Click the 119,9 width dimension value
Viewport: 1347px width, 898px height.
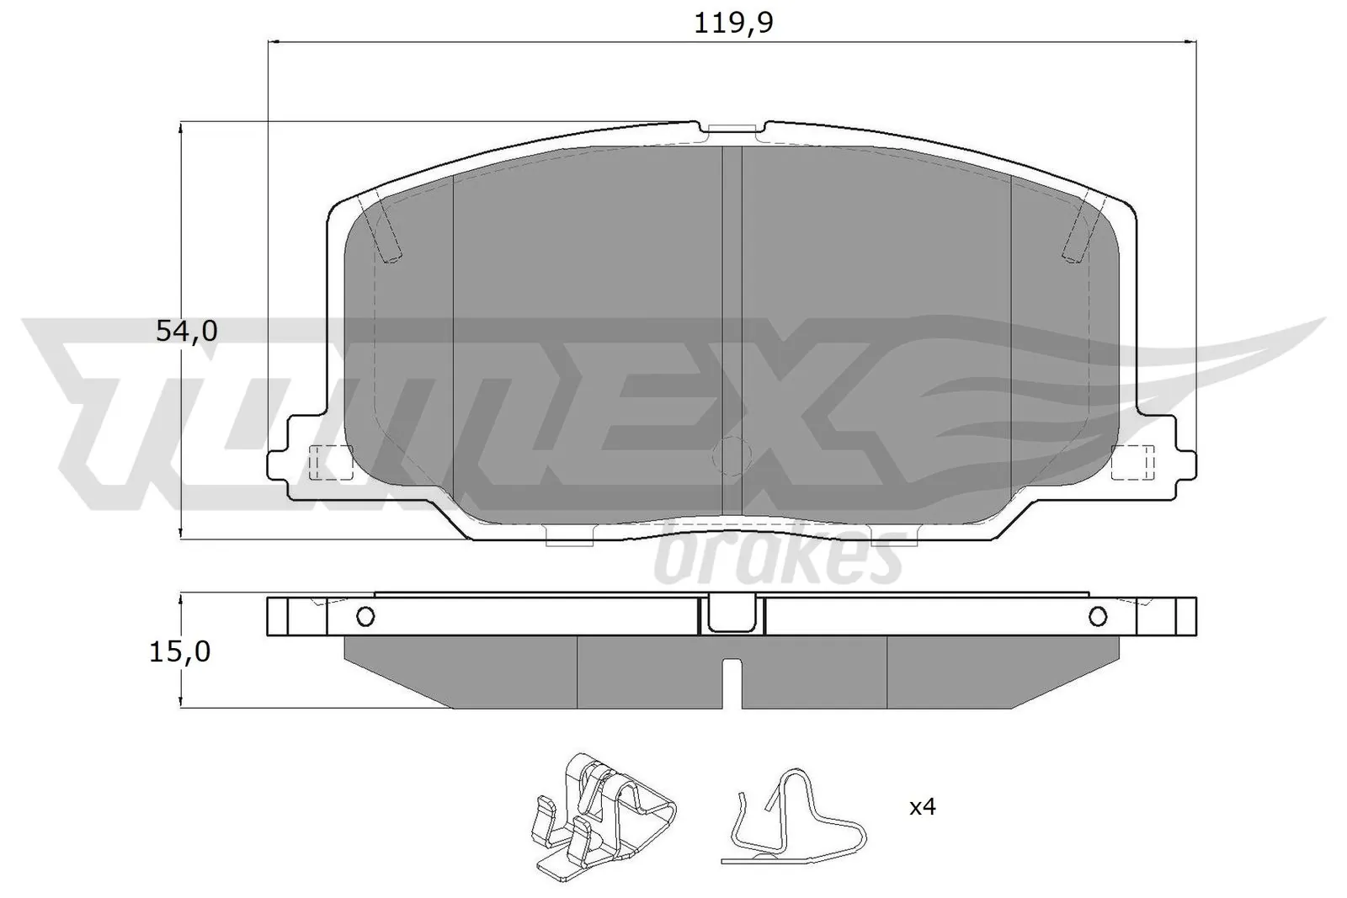coord(732,23)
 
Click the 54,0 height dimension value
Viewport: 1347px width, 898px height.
coord(187,332)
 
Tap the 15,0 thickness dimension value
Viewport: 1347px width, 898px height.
coord(180,651)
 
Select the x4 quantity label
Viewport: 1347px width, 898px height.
coord(922,807)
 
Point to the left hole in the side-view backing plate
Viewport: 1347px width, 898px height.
coord(365,617)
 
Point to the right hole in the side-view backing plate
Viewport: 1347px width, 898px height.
coord(1097,617)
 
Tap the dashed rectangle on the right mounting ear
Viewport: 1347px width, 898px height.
coord(1131,463)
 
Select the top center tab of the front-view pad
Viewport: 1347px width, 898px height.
coord(730,129)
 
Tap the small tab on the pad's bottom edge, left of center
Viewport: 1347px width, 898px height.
coord(570,536)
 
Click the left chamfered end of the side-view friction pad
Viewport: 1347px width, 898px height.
coord(391,673)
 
